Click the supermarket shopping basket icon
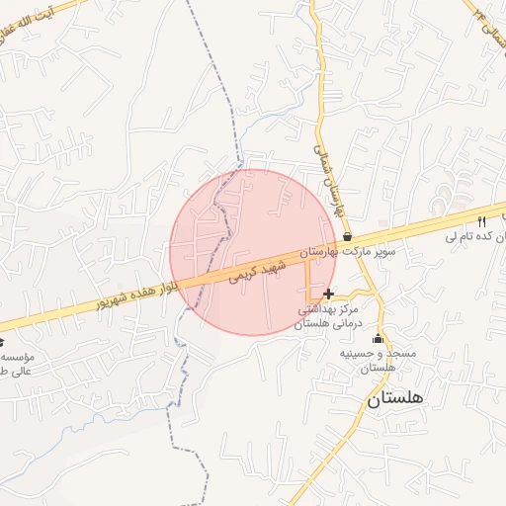[x=347, y=236]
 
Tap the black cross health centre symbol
[x=328, y=294]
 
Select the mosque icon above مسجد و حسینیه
[x=376, y=338]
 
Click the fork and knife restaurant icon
[x=482, y=221]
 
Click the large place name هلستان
[x=394, y=399]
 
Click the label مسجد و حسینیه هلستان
[x=368, y=360]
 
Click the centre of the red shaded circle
[x=253, y=252]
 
